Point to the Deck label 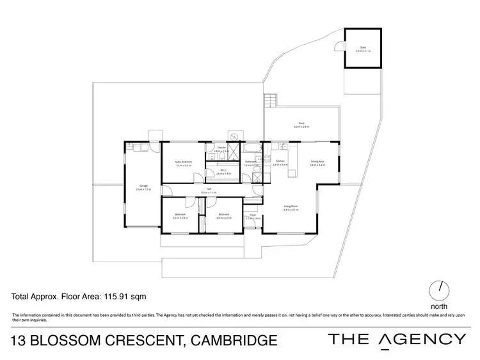(301, 123)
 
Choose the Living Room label (291, 206)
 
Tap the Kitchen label (280, 162)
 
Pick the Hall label (209, 189)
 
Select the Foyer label (253, 215)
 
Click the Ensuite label (221, 148)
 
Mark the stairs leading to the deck (272, 100)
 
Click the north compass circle (440, 291)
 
